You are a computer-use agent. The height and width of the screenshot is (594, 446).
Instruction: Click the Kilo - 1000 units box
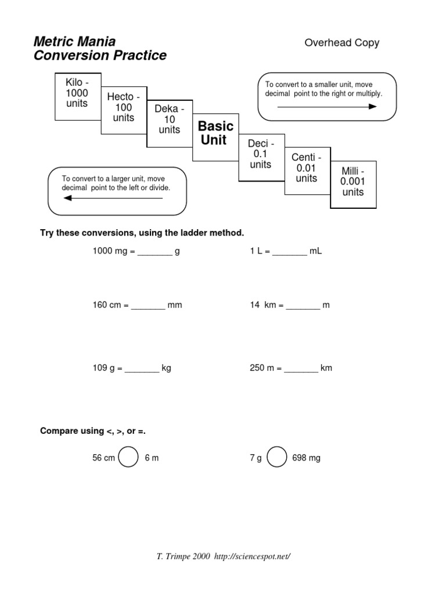tap(77, 93)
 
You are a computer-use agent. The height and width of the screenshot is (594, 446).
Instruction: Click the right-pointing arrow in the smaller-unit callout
tap(327, 107)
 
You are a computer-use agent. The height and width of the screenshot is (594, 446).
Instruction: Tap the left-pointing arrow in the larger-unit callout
tap(113, 198)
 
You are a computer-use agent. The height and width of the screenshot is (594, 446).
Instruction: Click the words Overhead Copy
tap(342, 43)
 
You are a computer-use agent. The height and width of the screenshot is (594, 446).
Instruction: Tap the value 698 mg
tap(307, 458)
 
